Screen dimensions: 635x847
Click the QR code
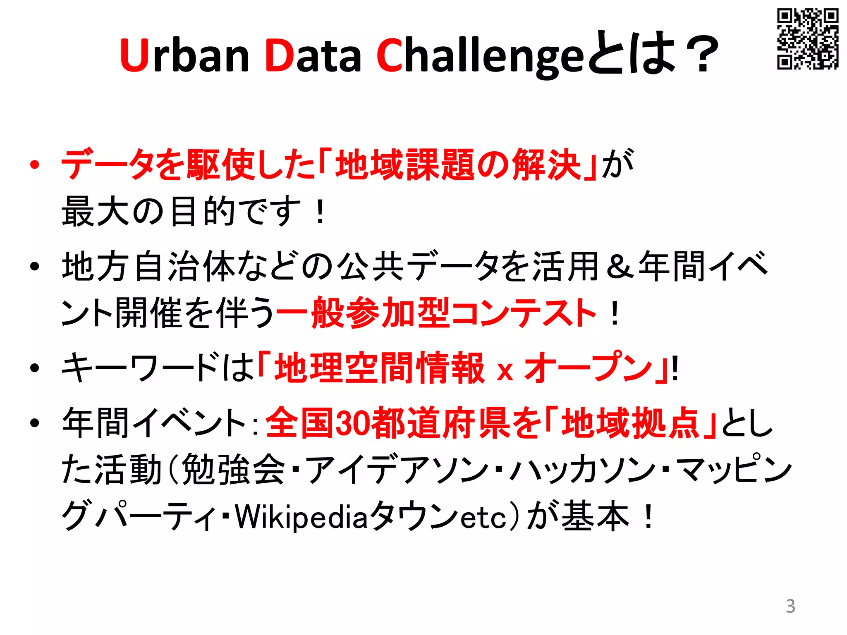click(x=807, y=38)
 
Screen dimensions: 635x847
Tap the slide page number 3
click(x=790, y=606)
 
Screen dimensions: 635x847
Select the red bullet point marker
click(x=35, y=165)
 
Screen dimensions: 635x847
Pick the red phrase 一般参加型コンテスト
click(x=436, y=313)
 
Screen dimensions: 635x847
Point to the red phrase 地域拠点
click(x=630, y=423)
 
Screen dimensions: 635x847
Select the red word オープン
click(x=588, y=368)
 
